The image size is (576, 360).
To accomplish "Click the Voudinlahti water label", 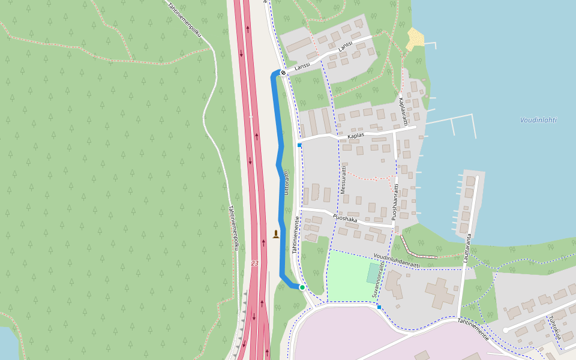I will click(538, 120).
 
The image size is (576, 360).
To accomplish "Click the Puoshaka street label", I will click(344, 219).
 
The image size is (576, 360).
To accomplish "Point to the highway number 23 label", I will click(255, 263).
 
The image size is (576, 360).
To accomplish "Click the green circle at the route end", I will click(302, 287).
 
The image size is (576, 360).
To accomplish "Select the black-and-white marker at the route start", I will click(283, 73).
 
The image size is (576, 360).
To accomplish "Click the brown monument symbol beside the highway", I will click(275, 234).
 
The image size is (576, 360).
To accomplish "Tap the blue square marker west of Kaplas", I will click(299, 145).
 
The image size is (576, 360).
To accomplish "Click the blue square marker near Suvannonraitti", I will click(379, 307).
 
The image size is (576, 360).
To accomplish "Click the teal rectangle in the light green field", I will click(373, 273).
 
